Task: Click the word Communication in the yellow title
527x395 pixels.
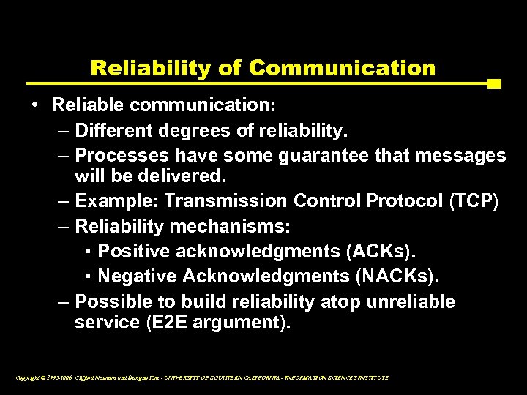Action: tap(342, 68)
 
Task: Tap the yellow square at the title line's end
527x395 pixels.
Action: tap(494, 84)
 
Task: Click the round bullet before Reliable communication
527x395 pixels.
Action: tap(35, 105)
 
